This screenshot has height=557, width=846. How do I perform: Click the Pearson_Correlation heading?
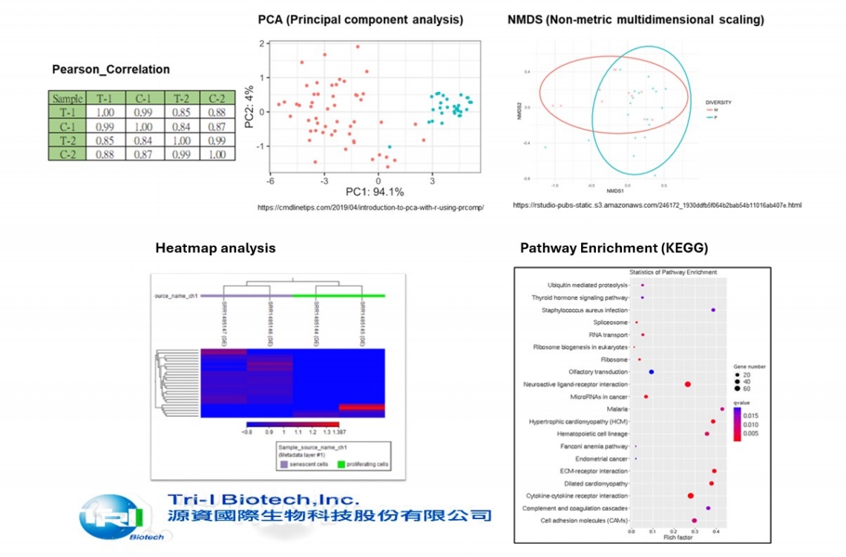[111, 70]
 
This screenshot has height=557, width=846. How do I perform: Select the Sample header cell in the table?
[68, 99]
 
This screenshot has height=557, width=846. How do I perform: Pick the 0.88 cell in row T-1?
[217, 112]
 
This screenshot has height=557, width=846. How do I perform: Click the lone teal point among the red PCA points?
[390, 147]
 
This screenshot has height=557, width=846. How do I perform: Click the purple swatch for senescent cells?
[283, 464]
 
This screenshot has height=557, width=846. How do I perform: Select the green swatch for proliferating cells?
[341, 464]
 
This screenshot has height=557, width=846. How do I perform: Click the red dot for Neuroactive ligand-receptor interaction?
[688, 384]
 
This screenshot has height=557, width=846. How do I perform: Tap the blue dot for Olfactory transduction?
[652, 372]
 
